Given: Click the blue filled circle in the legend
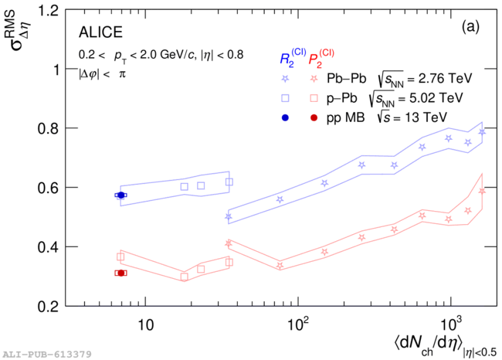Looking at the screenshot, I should [x=285, y=117].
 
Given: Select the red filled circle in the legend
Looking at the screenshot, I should [x=314, y=117].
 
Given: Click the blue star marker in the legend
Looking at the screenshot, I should [x=285, y=78].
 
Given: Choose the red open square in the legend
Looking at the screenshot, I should [x=314, y=98].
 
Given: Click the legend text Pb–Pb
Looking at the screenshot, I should [x=346, y=78].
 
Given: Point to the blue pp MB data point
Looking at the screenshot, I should [x=121, y=195].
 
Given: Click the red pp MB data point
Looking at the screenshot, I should [x=121, y=273].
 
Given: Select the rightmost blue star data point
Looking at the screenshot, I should [x=482, y=132].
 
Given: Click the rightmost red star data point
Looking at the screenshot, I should [x=482, y=191].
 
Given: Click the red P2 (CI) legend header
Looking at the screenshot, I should [x=321, y=57].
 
